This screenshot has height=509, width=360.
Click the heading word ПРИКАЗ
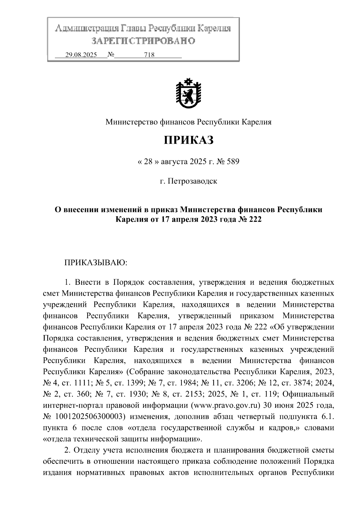(188, 140)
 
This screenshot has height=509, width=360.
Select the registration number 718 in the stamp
(149, 55)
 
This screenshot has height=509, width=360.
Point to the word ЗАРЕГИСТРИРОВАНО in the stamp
(143, 41)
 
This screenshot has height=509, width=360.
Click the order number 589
(232, 162)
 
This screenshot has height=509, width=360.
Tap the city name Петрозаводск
(192, 181)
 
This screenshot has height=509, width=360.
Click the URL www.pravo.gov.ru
(227, 406)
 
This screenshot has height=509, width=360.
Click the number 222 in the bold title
(255, 219)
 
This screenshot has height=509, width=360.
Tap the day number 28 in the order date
(148, 162)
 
